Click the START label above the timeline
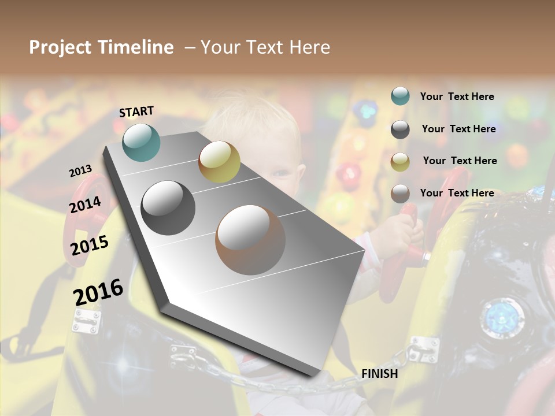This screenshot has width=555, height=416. coord(136,111)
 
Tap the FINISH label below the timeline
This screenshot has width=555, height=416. coord(379,374)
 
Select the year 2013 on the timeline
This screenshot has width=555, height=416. coord(80,170)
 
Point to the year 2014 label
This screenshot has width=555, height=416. coord(85,205)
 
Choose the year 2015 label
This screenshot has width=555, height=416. coord(90,245)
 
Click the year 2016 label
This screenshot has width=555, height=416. coord(98,292)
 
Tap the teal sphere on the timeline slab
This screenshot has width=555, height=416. coord(141,142)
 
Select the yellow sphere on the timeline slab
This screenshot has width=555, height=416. coord(219,162)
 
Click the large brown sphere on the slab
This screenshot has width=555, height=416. coord(250,239)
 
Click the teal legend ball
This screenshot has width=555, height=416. coord(400,96)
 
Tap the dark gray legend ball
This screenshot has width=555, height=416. coord(400,129)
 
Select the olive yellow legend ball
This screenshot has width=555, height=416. coord(400,161)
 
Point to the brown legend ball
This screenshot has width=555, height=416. coord(400,194)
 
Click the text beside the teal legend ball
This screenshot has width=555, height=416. coord(457,96)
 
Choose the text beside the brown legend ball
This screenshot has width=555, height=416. coord(457,193)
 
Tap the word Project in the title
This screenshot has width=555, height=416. coord(60,47)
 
